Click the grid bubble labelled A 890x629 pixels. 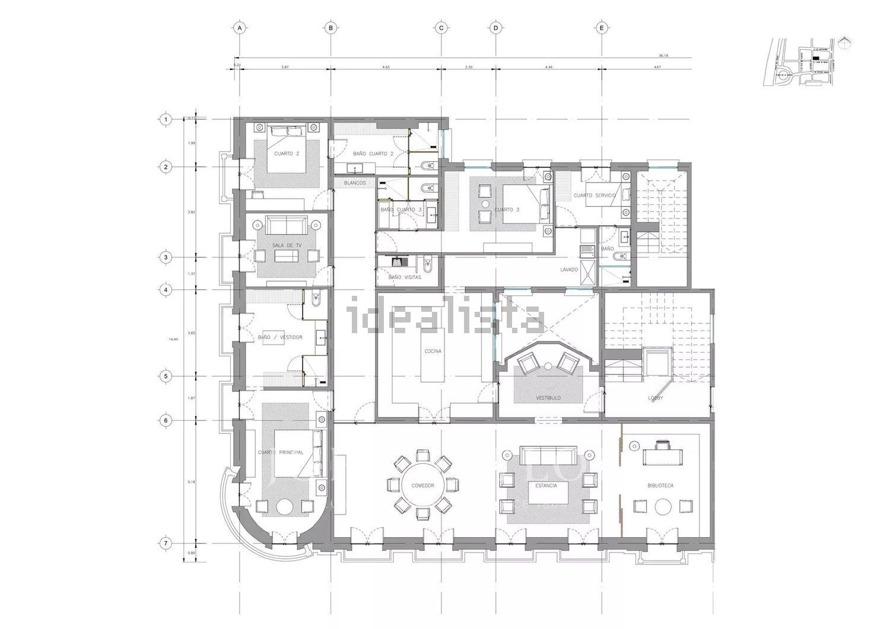point(239,28)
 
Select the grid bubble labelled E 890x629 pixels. point(602,28)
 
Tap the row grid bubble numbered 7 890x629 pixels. point(166,543)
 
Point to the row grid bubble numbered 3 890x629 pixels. point(166,257)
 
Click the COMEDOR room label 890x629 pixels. point(422,486)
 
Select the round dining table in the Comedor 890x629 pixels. point(422,485)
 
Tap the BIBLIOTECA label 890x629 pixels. point(660,486)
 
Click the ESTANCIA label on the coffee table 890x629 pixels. point(546,486)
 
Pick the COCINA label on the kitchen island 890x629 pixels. point(433,351)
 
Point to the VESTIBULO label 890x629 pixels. point(548,398)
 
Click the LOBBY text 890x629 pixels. point(655,398)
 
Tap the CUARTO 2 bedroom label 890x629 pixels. point(287,154)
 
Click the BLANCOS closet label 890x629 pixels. point(355,183)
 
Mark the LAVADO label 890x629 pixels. point(569,270)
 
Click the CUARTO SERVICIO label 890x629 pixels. point(595,195)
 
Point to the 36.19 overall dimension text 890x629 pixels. point(681,55)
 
